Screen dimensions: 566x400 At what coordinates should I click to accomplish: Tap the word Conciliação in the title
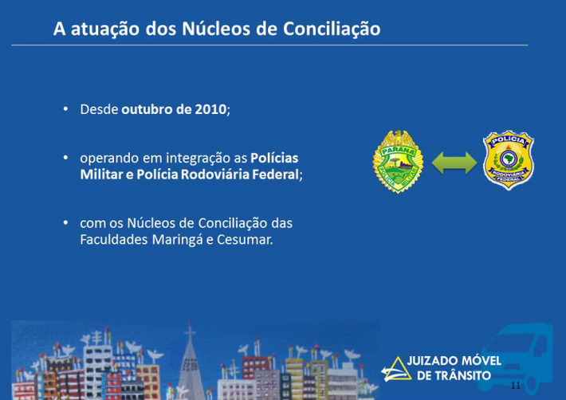[x=332, y=29]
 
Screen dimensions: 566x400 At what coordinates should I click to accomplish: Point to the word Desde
[x=99, y=109]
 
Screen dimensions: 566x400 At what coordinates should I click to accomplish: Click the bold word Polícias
[x=274, y=158]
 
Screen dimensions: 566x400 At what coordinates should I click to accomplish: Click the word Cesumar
[x=245, y=240]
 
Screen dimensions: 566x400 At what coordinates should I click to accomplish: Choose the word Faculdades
[x=114, y=240]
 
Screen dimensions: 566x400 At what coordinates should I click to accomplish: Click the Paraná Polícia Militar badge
[x=398, y=162]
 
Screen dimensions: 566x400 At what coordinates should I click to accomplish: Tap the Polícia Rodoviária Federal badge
[x=509, y=160]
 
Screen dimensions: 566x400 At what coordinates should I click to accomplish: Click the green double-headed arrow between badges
[x=454, y=163]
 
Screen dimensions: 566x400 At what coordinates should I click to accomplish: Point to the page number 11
[x=516, y=385]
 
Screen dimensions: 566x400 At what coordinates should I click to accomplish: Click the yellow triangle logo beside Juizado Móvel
[x=396, y=370]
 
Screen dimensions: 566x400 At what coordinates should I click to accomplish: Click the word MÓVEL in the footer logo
[x=477, y=360]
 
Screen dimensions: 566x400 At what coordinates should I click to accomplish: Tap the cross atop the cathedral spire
[x=190, y=330]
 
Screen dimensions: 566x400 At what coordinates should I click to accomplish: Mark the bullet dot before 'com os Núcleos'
[x=65, y=223]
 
